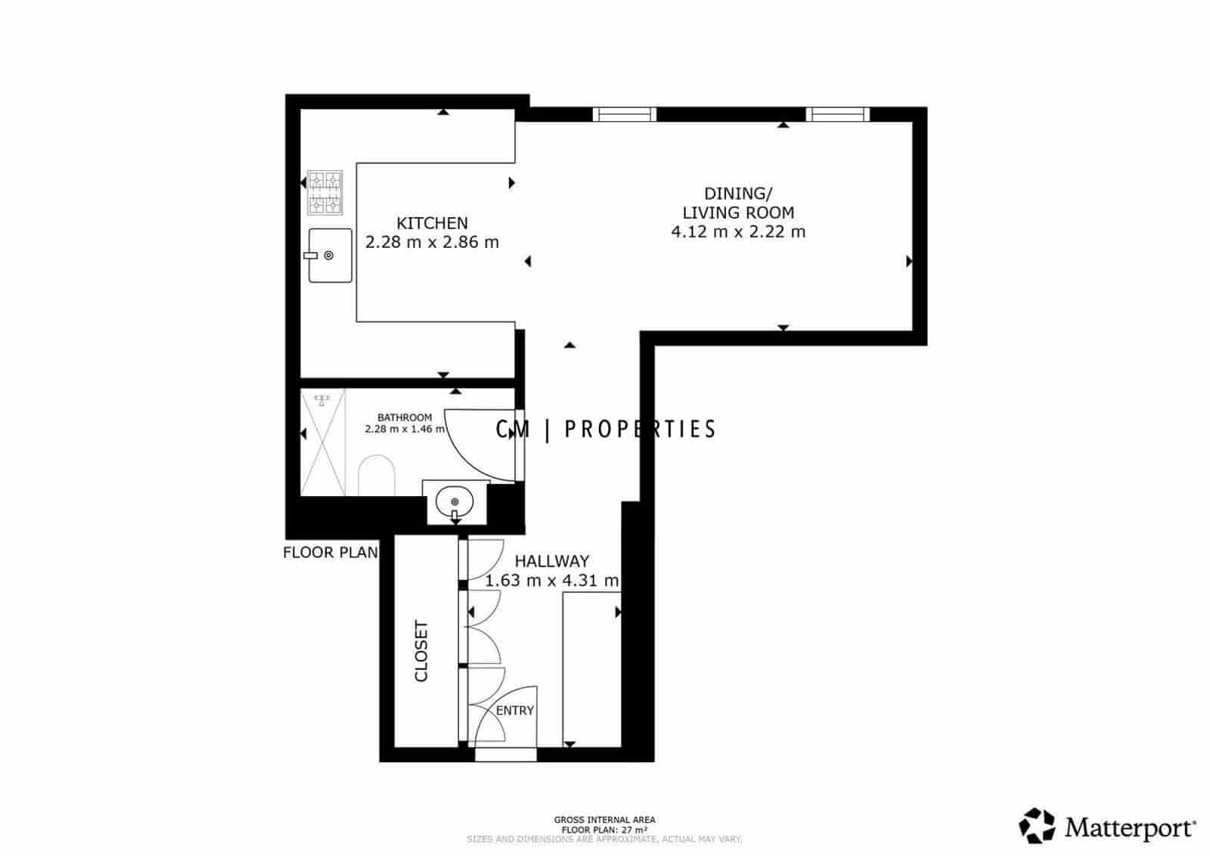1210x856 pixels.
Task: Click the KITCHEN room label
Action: [432, 223]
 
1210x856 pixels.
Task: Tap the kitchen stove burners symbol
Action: [324, 193]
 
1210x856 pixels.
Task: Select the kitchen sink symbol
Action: [330, 256]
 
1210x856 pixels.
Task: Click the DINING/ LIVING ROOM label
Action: [738, 203]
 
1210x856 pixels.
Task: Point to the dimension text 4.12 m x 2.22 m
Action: [738, 232]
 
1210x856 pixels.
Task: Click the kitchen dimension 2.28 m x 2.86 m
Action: [432, 243]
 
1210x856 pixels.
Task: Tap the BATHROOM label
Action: [405, 417]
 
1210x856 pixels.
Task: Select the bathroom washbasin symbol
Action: [455, 501]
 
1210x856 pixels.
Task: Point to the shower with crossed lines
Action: [323, 442]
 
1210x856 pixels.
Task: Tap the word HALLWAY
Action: [551, 561]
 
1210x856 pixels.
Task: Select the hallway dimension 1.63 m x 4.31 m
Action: [551, 582]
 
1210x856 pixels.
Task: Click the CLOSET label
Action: [421, 651]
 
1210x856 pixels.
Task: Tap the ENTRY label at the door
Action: [514, 711]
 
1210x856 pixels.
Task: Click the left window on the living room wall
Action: [624, 114]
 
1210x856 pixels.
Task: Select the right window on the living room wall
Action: [837, 114]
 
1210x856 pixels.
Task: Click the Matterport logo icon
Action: [1037, 826]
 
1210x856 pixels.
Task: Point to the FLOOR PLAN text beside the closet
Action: [330, 553]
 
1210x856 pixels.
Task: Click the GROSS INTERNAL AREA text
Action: [604, 820]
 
